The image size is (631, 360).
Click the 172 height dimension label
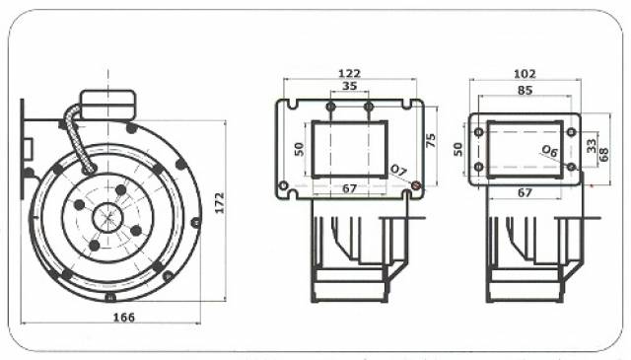tap(219, 203)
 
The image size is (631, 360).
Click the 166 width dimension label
tap(124, 318)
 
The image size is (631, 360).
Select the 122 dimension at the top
tap(350, 74)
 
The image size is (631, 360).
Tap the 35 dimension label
tap(349, 86)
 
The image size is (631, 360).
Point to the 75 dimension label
tap(430, 140)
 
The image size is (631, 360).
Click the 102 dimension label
tap(525, 74)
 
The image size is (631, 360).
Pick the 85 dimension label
tap(525, 90)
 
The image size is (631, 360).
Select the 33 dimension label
tap(592, 145)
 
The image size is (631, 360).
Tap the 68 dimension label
tap(603, 155)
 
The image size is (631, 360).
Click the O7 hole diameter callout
tap(398, 171)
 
